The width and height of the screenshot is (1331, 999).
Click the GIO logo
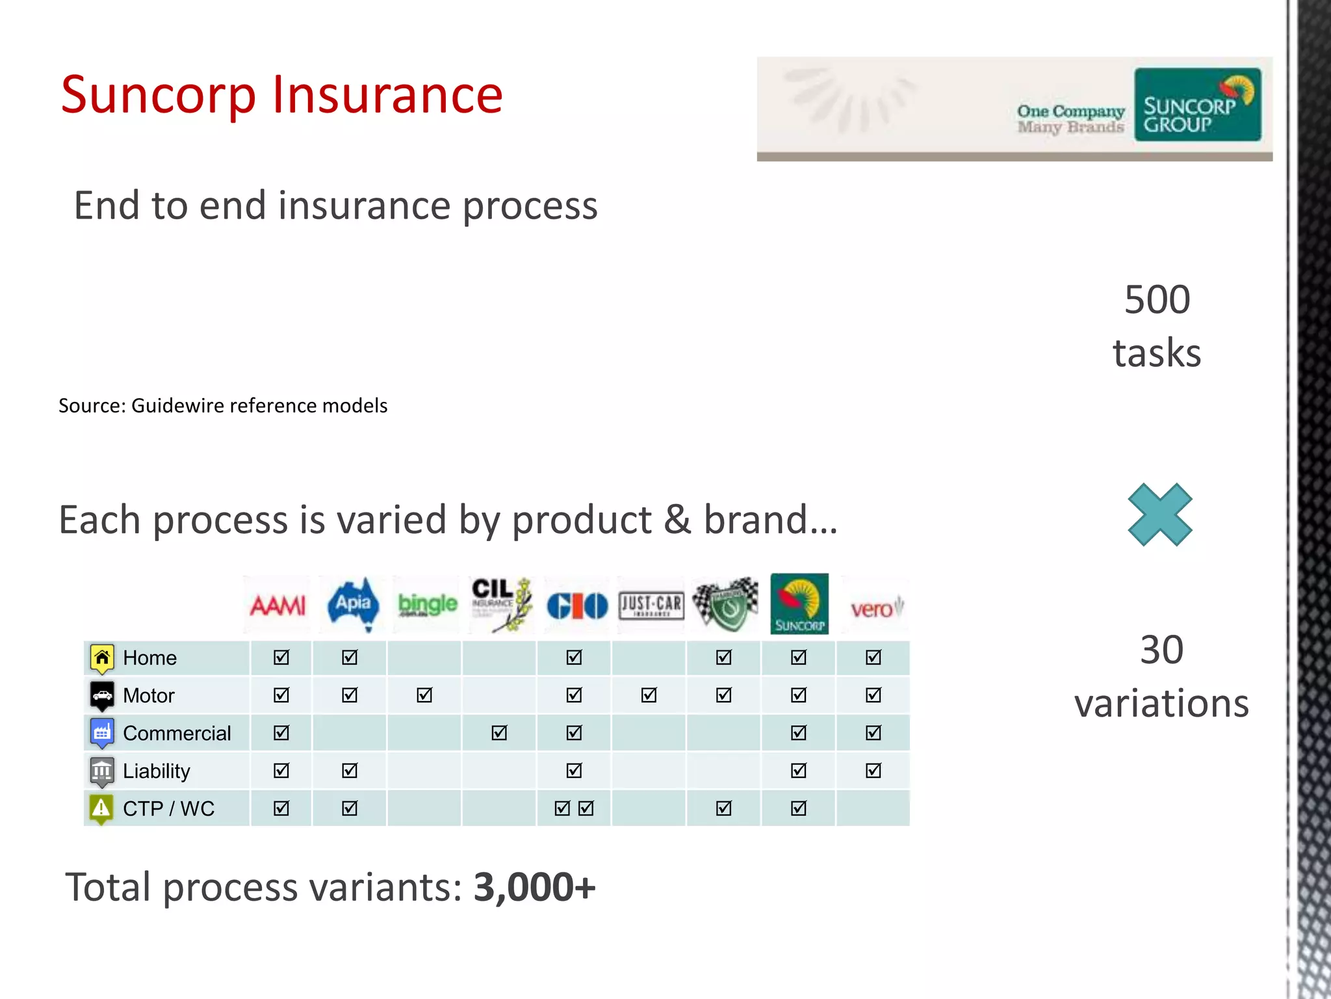click(x=576, y=606)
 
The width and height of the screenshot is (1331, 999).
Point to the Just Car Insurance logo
click(x=651, y=606)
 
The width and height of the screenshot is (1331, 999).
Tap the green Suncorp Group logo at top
click(x=1197, y=105)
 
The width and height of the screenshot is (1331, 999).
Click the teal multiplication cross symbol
click(x=1160, y=514)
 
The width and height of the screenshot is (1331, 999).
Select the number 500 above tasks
click(x=1157, y=300)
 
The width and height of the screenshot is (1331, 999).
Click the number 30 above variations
click(x=1161, y=650)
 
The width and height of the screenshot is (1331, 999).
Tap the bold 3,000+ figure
click(x=534, y=887)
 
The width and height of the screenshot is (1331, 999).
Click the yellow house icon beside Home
click(x=102, y=658)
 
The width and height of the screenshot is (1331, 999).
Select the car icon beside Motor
click(x=102, y=695)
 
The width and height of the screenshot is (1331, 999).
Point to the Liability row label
click(x=157, y=771)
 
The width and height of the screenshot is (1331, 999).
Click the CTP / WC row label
click(x=168, y=808)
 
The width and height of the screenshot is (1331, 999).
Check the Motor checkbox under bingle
click(x=424, y=695)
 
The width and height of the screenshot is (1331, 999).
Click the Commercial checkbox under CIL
click(x=499, y=733)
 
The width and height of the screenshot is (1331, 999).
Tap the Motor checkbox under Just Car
click(x=649, y=695)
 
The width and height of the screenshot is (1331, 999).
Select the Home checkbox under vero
click(x=873, y=658)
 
